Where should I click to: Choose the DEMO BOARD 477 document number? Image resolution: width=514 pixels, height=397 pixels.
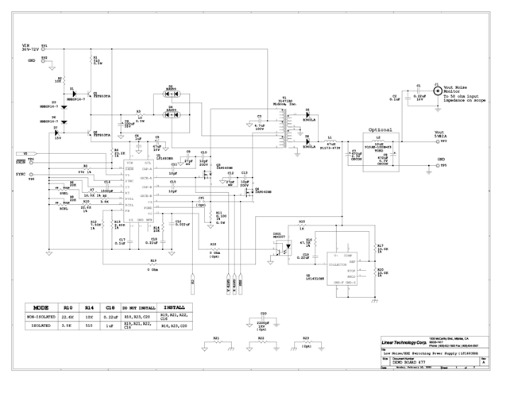tap(408, 361)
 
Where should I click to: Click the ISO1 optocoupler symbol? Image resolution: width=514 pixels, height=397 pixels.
tap(280, 241)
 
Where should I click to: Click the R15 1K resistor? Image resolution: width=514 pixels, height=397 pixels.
tap(302, 226)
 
